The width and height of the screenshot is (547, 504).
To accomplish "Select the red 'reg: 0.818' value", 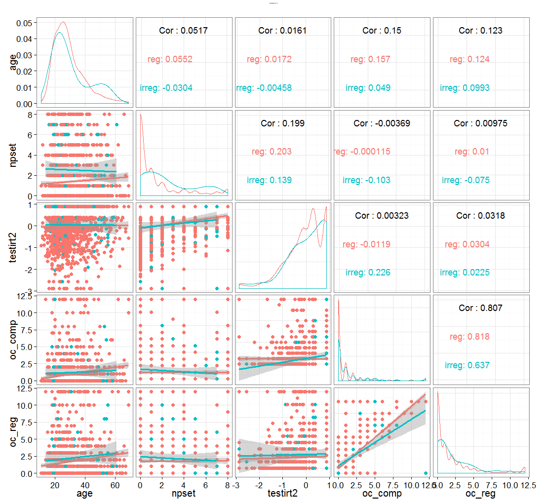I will click(x=469, y=337).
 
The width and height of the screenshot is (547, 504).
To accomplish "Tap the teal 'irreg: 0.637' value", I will click(x=465, y=365).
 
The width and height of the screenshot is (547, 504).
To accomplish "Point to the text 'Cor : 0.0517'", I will click(x=183, y=31).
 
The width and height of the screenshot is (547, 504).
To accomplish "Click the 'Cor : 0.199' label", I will click(x=282, y=123).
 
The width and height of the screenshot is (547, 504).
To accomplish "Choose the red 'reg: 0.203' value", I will click(x=272, y=152).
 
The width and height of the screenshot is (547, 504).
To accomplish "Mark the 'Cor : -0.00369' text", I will click(x=382, y=123).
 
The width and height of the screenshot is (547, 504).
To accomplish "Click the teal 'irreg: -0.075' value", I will click(x=466, y=180).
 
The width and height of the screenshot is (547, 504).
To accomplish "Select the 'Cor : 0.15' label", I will click(x=382, y=31).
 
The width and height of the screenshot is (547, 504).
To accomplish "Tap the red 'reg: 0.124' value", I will click(x=469, y=59).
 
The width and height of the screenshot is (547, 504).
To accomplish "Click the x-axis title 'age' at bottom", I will click(x=84, y=493).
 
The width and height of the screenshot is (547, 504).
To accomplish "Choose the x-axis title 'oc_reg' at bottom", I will click(x=481, y=493).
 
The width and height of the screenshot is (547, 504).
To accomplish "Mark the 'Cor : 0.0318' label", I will click(x=481, y=216).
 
